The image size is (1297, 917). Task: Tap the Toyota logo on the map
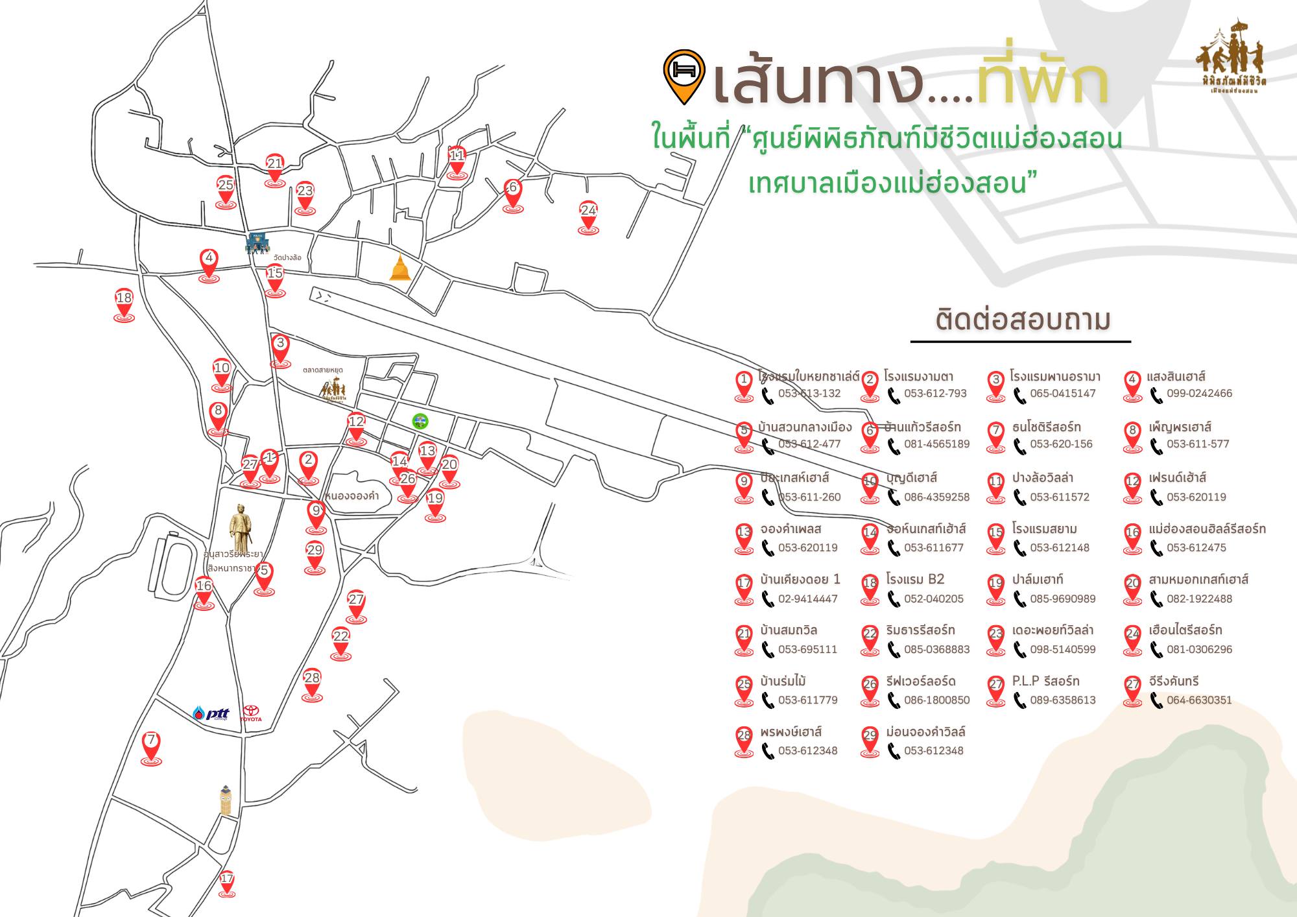[x=251, y=714]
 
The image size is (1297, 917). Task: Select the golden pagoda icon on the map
[x=400, y=268]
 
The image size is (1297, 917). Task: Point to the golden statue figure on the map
[x=241, y=529]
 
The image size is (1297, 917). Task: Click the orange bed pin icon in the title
[x=684, y=75]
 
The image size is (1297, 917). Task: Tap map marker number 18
[x=124, y=304]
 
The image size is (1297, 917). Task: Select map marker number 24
[x=588, y=217]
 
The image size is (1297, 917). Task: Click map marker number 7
[x=151, y=747]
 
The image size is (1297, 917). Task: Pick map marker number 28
[x=312, y=684]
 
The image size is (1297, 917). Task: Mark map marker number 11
[x=457, y=161]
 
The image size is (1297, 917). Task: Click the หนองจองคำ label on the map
[x=352, y=496]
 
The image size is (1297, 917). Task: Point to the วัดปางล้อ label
[x=287, y=257]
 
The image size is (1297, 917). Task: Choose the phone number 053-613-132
[x=809, y=394]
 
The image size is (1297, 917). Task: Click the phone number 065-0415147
[x=1062, y=394]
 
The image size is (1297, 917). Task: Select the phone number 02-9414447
[x=807, y=599]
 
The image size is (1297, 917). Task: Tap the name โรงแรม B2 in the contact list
[x=915, y=579]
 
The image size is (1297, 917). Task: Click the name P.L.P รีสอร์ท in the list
[x=1045, y=681]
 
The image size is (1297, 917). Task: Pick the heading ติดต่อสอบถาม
[x=1023, y=320]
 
